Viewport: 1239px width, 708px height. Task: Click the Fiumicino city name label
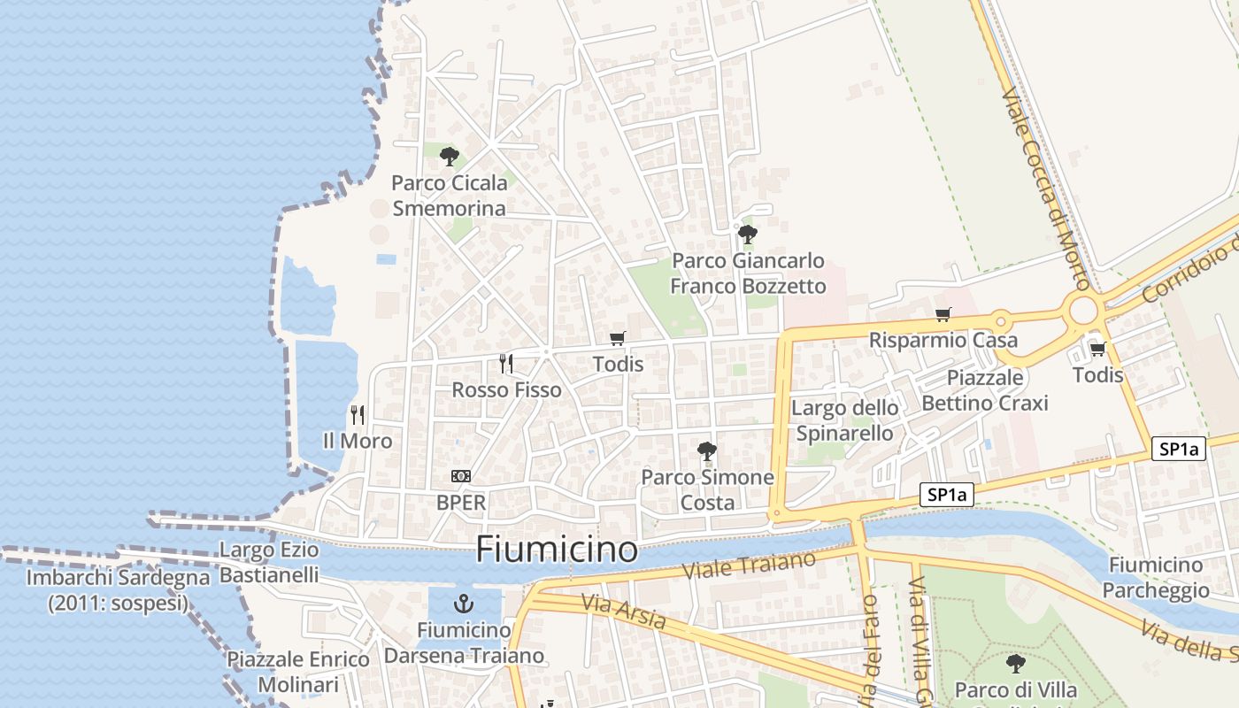(x=557, y=550)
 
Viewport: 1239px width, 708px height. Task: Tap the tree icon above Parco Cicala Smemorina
(x=450, y=158)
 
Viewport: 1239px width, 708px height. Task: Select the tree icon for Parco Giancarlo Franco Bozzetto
(x=748, y=235)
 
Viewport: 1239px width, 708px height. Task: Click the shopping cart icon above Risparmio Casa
(x=943, y=315)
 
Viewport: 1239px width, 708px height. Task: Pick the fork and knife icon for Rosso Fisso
(x=506, y=363)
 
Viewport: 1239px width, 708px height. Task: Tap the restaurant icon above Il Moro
(x=358, y=414)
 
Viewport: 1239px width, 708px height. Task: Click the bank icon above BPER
(x=461, y=476)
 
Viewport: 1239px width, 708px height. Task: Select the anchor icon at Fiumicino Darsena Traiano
(x=462, y=604)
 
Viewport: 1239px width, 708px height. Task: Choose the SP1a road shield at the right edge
(x=1179, y=449)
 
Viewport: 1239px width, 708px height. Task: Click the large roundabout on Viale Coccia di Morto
(x=1082, y=312)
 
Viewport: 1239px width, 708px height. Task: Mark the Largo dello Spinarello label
(x=844, y=420)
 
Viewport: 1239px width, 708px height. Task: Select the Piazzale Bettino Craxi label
(x=984, y=390)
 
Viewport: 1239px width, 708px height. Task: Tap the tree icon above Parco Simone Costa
(x=706, y=451)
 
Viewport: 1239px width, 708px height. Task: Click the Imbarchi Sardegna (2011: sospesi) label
(x=119, y=590)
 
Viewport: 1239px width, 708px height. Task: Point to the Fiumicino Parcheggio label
(x=1156, y=577)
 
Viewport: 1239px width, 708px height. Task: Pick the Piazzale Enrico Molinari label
(x=298, y=672)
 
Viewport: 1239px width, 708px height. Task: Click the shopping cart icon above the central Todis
(x=618, y=338)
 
